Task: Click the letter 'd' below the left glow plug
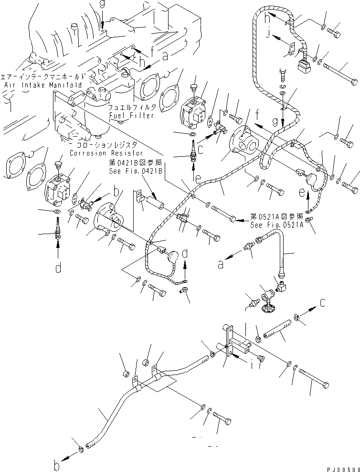[58, 268]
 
